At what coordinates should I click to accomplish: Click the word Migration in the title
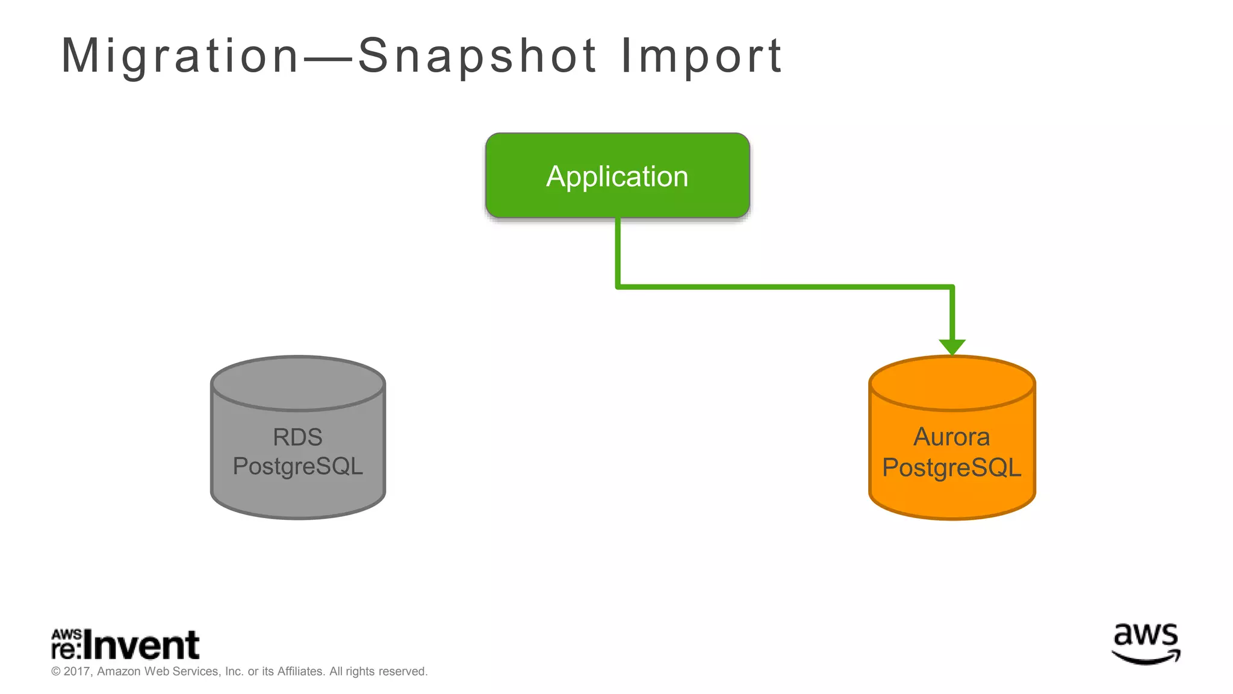(179, 55)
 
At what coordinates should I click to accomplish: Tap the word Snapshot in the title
(477, 55)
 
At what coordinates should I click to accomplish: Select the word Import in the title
(701, 55)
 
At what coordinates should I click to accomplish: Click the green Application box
(617, 176)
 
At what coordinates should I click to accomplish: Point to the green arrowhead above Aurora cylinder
(952, 347)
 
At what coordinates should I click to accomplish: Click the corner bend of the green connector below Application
(618, 287)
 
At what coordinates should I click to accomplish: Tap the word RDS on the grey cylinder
(297, 437)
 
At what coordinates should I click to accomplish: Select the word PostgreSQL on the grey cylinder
(297, 466)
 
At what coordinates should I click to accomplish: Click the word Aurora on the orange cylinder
(951, 437)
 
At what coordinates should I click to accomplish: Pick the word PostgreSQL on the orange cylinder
(951, 467)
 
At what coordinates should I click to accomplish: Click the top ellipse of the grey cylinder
(297, 383)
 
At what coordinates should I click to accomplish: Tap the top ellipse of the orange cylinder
(952, 383)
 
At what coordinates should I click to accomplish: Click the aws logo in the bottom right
(1145, 643)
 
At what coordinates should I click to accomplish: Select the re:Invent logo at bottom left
(125, 645)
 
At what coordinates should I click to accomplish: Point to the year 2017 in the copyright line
(76, 671)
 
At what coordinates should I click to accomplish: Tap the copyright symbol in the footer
(56, 671)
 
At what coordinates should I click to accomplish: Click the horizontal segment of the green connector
(783, 287)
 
